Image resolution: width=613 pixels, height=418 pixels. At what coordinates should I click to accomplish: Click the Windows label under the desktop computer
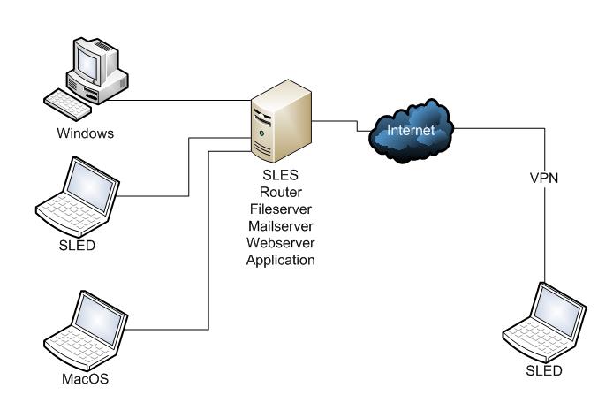85,133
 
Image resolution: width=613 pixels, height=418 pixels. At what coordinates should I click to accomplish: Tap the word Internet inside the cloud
411,130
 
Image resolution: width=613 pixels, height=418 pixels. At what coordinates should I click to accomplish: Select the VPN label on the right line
544,178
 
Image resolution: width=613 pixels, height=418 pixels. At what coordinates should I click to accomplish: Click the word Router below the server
281,192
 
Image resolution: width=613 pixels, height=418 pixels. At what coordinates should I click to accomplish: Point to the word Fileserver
281,209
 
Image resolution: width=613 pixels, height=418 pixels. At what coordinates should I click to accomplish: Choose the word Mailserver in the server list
281,226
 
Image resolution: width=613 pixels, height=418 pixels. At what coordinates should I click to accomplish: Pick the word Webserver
281,243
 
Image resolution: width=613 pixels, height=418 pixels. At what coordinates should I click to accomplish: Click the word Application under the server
281,260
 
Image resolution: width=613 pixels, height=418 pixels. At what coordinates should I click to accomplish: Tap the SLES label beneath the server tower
280,175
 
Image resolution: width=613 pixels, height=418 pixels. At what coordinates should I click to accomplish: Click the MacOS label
85,378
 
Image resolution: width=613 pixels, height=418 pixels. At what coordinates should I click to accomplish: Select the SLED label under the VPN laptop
544,370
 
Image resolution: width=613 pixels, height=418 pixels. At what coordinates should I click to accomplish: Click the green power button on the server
261,133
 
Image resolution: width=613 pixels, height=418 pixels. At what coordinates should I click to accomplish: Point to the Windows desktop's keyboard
67,104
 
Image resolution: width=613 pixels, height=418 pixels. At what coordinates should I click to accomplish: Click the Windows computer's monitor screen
87,63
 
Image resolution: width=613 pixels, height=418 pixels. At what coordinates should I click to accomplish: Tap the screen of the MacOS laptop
98,319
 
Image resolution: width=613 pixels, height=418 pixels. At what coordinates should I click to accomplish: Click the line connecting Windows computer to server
179,100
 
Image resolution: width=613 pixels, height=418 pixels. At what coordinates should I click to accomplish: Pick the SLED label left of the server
77,245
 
